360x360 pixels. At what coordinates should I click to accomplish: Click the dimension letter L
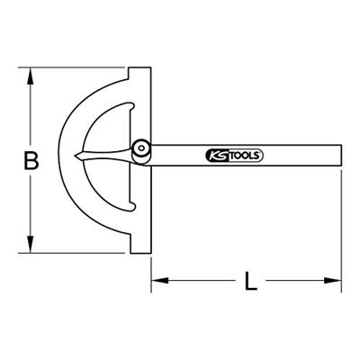251,281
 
